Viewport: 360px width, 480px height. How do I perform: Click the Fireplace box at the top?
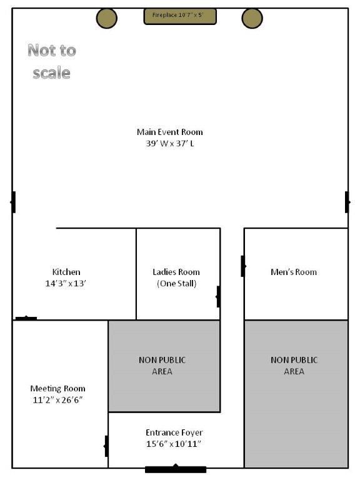[180, 16]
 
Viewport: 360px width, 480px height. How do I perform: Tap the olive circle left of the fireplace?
[107, 18]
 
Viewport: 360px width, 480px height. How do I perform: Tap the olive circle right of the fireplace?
[252, 18]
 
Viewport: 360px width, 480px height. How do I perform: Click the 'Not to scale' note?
[51, 61]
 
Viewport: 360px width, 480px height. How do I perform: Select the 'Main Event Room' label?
[169, 132]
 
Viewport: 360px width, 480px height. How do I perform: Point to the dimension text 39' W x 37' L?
[169, 143]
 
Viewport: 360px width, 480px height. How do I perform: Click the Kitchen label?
[66, 272]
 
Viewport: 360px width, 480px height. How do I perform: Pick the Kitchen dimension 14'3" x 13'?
[66, 283]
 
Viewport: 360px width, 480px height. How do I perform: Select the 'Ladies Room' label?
[176, 272]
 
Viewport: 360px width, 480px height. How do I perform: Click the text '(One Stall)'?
[176, 283]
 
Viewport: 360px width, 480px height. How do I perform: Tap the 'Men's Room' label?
[293, 272]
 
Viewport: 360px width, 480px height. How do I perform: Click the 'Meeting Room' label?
[57, 389]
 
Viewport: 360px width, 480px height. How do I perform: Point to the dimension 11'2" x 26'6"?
[57, 400]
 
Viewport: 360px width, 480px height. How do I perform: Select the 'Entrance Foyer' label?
[174, 432]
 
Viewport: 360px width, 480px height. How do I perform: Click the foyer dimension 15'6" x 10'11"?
[174, 444]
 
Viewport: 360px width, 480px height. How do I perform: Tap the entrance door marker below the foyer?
[176, 468]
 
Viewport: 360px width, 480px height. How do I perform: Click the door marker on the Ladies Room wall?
[218, 296]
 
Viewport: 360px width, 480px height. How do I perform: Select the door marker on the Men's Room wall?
[243, 266]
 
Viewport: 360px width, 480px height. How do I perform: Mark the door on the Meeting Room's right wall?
[107, 446]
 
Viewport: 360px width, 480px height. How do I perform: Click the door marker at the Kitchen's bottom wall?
[26, 319]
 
